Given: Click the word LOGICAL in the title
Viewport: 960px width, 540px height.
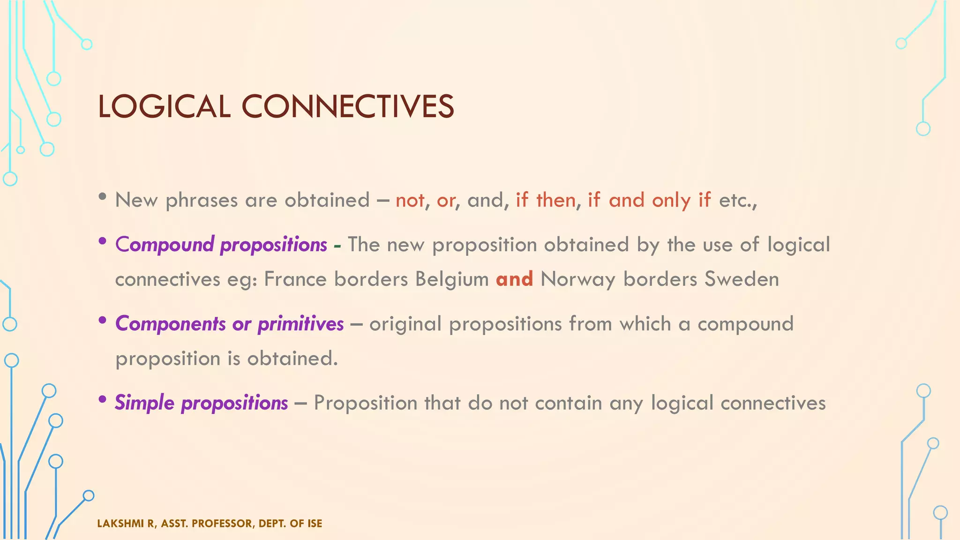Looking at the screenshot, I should tap(164, 106).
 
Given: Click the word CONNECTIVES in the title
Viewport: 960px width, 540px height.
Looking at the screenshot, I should tap(347, 106).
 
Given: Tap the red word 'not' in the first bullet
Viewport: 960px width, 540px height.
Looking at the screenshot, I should tap(410, 201).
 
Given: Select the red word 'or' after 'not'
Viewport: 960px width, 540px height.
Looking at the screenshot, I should tap(446, 201).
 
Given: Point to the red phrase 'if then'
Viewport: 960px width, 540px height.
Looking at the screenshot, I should tap(546, 200).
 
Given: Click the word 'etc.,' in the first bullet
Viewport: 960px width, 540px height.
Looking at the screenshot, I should tap(738, 201).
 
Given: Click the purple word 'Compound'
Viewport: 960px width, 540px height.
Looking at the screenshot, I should tap(165, 245).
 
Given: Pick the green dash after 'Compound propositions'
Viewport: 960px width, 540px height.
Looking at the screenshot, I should tap(337, 246).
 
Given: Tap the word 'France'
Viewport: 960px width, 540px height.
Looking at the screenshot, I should tap(295, 279).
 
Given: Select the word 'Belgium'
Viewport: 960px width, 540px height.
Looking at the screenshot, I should tap(452, 280).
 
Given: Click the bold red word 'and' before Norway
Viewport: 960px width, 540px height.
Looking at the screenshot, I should tap(514, 279).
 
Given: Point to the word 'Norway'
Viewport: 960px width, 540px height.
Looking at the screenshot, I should tap(578, 280).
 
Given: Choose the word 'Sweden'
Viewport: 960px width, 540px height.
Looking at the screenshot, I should tap(742, 279).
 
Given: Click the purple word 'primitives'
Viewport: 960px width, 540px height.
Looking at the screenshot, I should tap(300, 324).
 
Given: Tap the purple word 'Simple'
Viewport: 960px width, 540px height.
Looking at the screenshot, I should tap(144, 403).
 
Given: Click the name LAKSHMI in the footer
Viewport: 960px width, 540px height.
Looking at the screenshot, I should tap(121, 524).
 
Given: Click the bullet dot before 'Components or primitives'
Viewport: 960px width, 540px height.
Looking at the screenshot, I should tap(102, 321).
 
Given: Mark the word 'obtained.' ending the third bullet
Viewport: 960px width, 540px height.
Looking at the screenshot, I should tap(292, 359).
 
